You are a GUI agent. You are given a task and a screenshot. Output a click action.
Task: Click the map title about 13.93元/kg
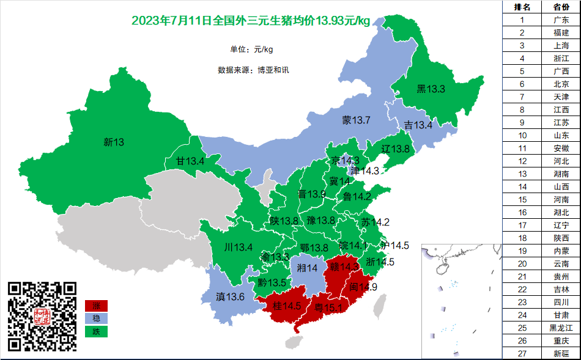(251, 21)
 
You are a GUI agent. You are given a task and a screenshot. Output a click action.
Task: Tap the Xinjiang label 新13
(114, 142)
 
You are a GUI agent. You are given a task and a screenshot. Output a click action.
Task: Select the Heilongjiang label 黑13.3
(431, 89)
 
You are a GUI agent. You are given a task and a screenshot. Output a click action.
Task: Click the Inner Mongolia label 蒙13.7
(356, 120)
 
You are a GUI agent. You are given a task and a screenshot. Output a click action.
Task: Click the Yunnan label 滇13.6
(231, 297)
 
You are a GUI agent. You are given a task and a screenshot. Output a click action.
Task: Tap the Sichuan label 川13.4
(239, 248)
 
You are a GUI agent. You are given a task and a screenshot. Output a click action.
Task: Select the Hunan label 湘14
(307, 268)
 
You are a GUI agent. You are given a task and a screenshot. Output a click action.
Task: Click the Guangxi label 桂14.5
(287, 306)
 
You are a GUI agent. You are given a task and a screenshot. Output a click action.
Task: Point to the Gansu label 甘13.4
(190, 161)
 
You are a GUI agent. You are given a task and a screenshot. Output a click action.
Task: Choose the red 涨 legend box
(96, 306)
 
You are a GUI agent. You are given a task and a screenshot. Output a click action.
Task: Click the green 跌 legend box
(96, 332)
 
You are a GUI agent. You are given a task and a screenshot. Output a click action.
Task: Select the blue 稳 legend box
(96, 318)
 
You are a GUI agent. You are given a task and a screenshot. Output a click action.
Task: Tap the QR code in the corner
(42, 316)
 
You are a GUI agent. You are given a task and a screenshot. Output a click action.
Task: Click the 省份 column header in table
(561, 7)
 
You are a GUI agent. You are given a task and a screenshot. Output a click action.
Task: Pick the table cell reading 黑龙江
(561, 328)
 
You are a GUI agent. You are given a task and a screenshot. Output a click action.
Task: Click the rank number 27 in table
(522, 354)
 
